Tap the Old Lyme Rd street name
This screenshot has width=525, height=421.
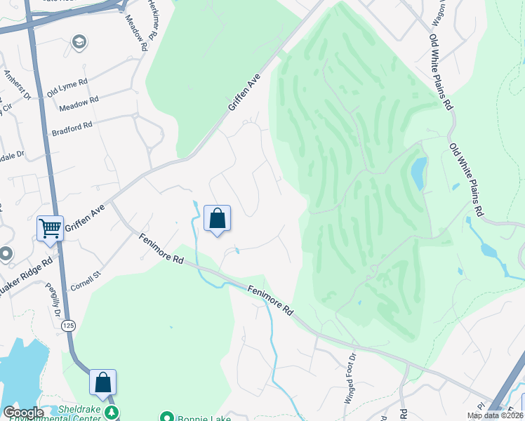(67, 88)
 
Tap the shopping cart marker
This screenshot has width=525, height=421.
(51, 227)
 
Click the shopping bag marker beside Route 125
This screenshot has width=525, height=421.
(102, 382)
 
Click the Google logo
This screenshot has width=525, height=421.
(23, 413)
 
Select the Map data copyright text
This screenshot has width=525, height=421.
(494, 415)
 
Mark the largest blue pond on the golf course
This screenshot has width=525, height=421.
(418, 173)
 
